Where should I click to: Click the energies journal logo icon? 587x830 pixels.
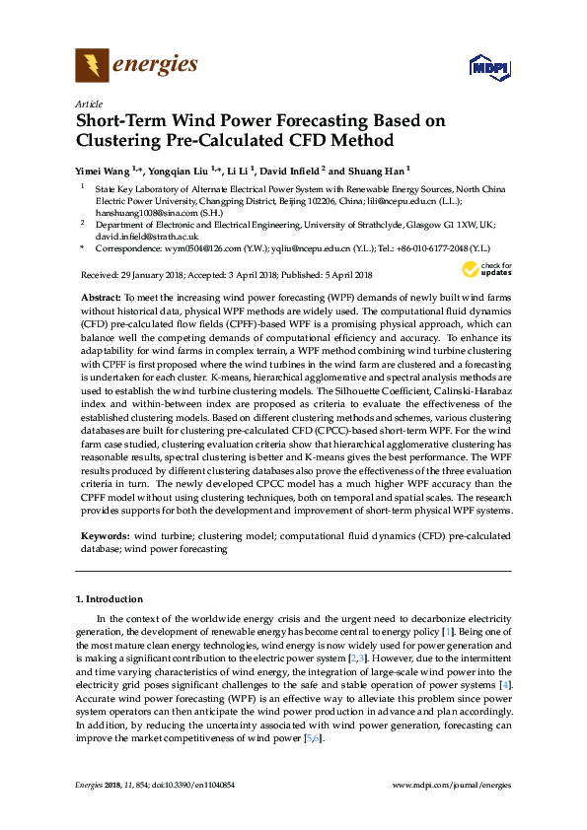[x=92, y=66]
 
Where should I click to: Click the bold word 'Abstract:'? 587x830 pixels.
[x=101, y=297]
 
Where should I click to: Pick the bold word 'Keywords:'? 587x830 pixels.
[x=105, y=534]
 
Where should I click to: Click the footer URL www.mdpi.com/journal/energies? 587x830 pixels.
[x=452, y=784]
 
